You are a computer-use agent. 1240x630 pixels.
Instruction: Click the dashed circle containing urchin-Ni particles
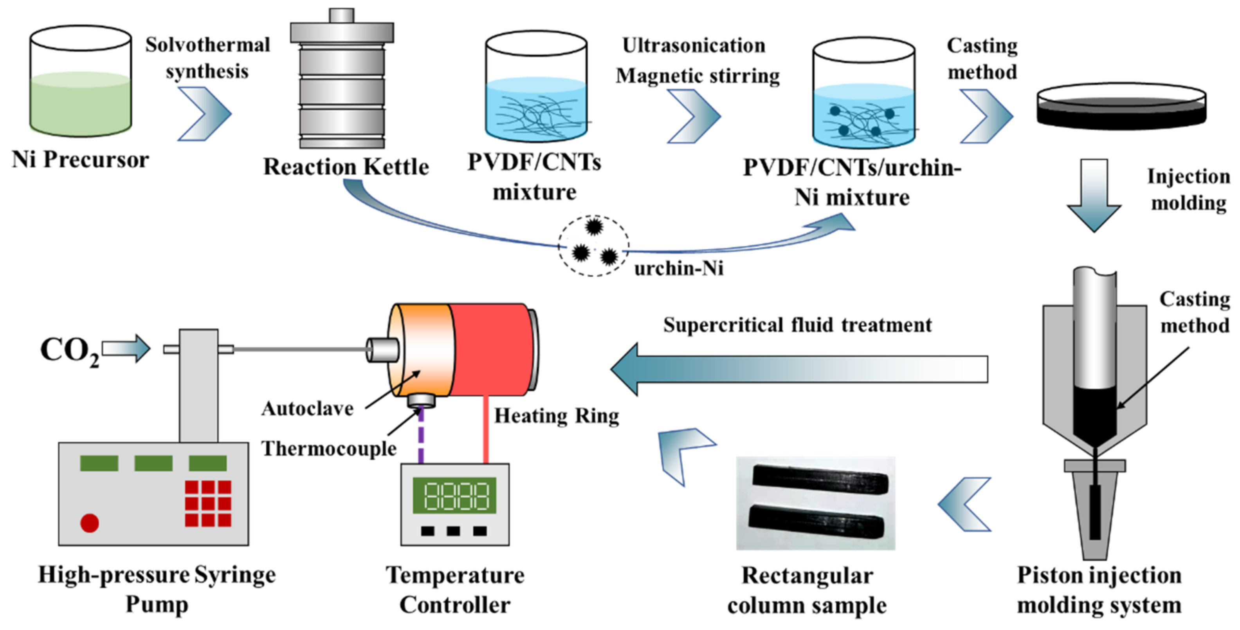(x=593, y=246)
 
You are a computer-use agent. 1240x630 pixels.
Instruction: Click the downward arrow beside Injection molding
(x=1094, y=195)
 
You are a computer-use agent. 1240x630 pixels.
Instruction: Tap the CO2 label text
(x=69, y=351)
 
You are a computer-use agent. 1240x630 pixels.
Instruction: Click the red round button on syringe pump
(x=90, y=523)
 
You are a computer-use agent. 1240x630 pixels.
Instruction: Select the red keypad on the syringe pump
(x=208, y=503)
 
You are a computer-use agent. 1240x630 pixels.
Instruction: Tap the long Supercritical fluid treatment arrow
(x=799, y=369)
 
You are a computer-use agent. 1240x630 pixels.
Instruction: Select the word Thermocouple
(x=329, y=449)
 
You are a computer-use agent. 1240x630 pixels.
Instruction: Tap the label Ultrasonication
(x=694, y=46)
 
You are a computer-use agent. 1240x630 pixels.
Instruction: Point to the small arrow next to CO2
(x=126, y=348)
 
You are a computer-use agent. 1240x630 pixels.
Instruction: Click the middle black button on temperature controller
(x=453, y=531)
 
